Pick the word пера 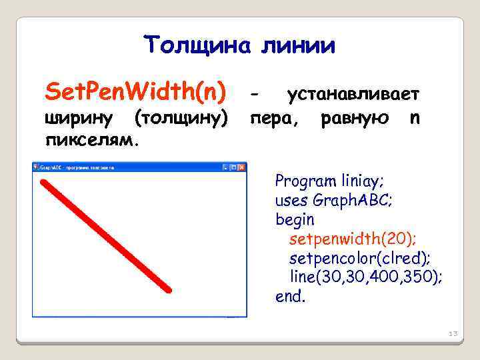tap(273, 119)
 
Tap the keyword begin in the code tap(295, 219)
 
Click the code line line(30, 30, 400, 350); tap(365, 277)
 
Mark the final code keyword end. tap(290, 296)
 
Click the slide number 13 tap(453, 333)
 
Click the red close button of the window tap(241, 167)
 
